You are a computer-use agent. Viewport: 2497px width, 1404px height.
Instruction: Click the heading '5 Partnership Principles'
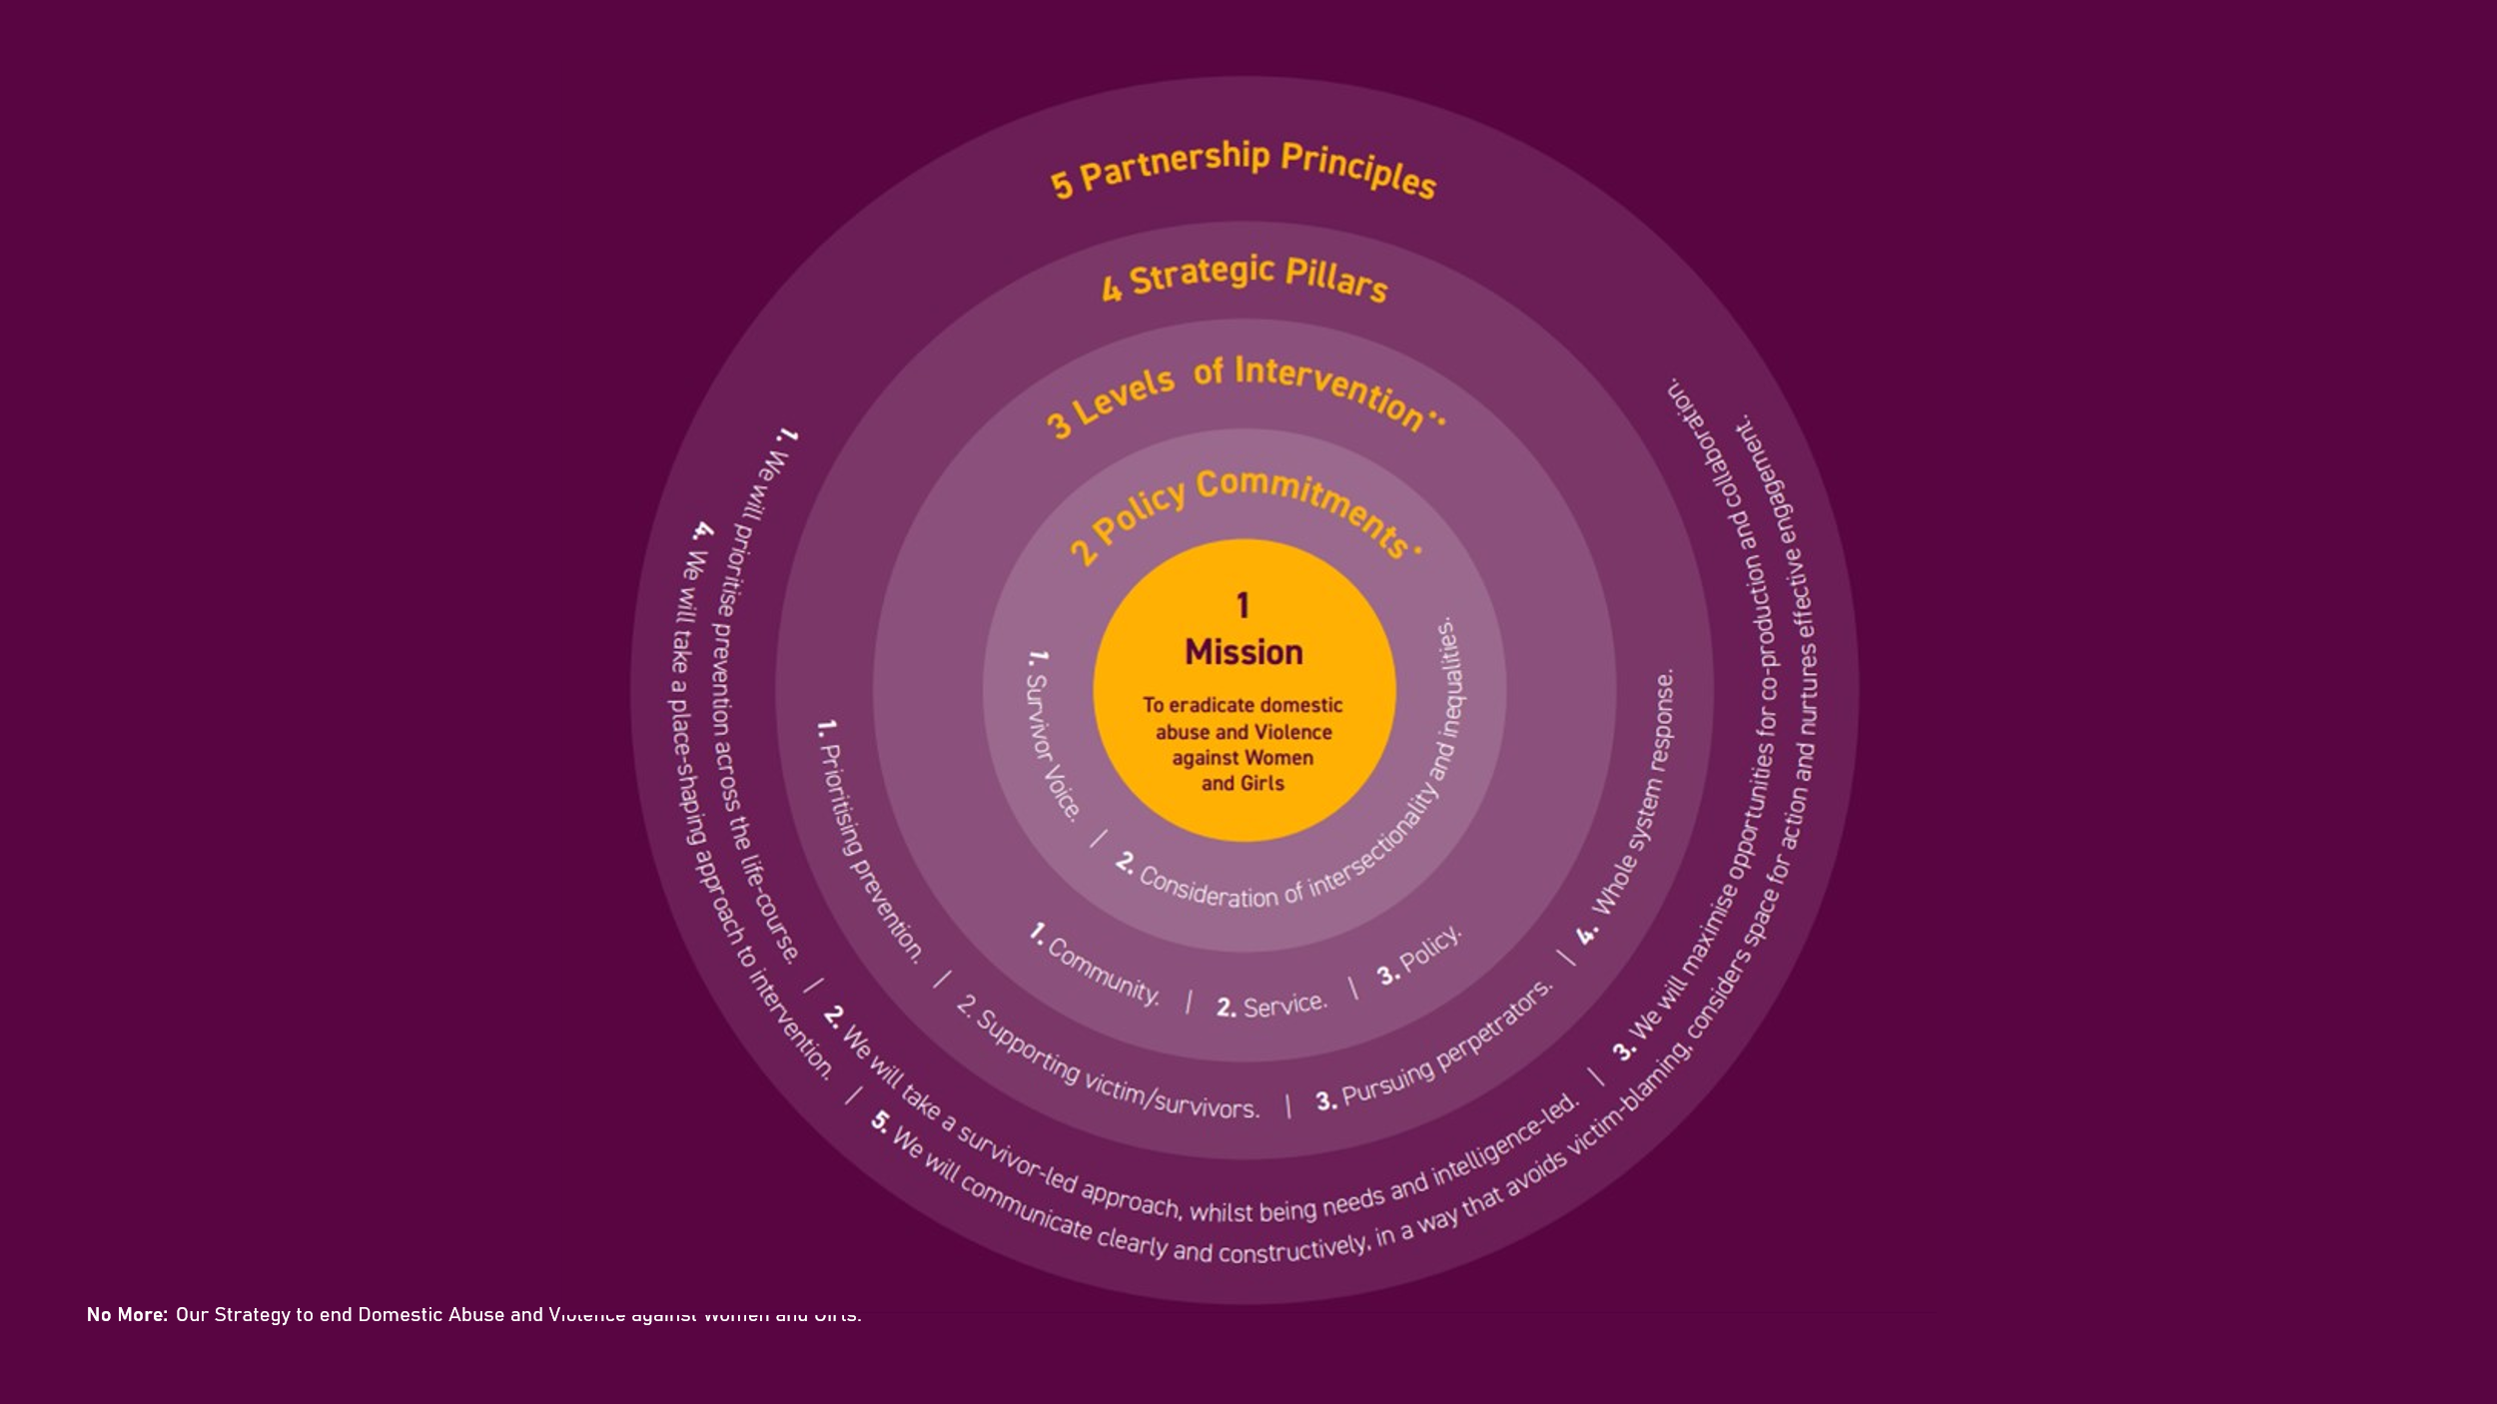click(1244, 169)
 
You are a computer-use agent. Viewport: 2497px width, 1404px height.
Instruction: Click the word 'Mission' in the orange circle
click(1244, 652)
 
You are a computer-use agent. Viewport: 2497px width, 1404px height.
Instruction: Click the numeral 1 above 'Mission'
click(1243, 605)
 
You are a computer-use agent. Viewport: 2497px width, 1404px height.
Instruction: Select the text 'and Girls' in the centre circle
click(1243, 784)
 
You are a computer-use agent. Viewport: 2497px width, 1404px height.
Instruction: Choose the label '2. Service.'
click(1271, 1005)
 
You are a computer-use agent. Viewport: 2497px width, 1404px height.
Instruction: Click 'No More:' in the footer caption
click(127, 1314)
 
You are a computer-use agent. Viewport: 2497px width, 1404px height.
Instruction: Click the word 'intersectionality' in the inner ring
click(1373, 844)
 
